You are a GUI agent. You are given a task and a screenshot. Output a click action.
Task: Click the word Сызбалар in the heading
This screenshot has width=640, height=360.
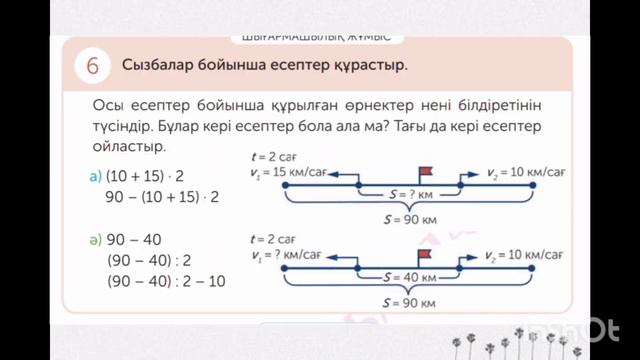click(x=158, y=66)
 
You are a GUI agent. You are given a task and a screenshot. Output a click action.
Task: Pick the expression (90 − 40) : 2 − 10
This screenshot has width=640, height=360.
click(x=166, y=282)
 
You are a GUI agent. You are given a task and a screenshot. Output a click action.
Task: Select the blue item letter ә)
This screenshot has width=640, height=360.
click(x=96, y=240)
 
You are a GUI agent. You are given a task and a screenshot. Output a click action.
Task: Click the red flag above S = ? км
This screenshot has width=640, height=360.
click(x=424, y=175)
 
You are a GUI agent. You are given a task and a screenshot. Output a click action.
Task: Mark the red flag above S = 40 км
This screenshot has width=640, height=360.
click(x=424, y=257)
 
